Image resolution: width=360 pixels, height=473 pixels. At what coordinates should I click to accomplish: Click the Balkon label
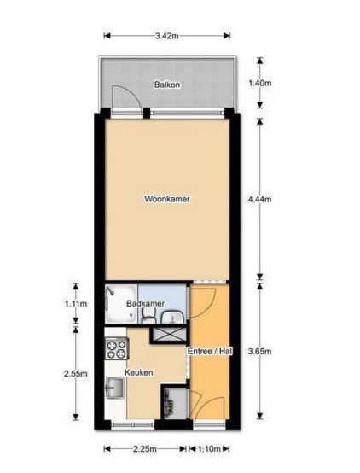[167, 85]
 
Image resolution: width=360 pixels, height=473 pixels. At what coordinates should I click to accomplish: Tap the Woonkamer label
[167, 199]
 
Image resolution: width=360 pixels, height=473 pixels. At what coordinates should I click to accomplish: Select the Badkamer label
[145, 303]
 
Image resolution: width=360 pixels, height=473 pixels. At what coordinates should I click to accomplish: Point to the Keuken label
[139, 372]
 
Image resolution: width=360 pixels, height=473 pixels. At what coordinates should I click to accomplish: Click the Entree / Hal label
[210, 351]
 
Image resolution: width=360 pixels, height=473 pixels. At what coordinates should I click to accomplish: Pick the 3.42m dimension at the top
[167, 36]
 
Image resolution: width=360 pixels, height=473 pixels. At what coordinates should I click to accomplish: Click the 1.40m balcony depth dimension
[259, 83]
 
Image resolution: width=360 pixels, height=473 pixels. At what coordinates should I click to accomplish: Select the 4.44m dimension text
[259, 199]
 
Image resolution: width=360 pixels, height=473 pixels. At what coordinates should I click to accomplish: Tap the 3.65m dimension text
[259, 351]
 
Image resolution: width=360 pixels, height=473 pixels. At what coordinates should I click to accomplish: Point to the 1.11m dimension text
[76, 303]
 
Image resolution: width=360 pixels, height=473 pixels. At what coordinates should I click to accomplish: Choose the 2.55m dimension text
[76, 374]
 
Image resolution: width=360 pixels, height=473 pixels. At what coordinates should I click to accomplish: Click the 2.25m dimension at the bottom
[145, 449]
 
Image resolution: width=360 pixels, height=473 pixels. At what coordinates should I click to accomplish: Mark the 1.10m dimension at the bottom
[209, 449]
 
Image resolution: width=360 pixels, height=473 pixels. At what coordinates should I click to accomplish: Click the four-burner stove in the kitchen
[117, 348]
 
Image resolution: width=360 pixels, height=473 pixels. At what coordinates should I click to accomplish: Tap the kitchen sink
[114, 388]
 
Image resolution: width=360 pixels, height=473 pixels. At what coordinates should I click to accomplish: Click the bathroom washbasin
[172, 318]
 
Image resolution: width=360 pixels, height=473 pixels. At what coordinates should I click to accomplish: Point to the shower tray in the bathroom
[121, 304]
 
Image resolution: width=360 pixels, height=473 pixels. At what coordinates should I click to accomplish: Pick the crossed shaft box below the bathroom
[169, 335]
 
